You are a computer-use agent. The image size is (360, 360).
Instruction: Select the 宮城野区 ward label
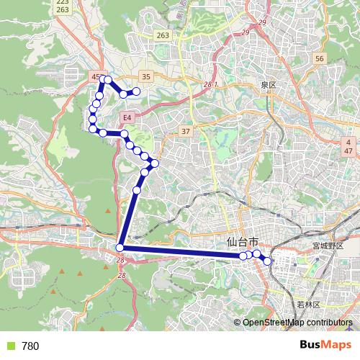pyautogui.click(x=328, y=246)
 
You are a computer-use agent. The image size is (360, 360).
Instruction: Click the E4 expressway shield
pyautogui.click(x=127, y=117)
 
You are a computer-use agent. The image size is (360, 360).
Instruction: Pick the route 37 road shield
pyautogui.click(x=186, y=130)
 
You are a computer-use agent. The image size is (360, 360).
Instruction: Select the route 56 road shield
pyautogui.click(x=320, y=58)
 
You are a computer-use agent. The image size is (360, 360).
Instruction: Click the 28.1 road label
pyautogui.click(x=210, y=85)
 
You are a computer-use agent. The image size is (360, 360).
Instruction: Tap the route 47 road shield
pyautogui.click(x=348, y=152)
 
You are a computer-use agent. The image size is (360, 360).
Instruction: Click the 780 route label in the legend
pyautogui.click(x=30, y=346)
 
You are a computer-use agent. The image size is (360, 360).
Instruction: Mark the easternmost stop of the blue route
pyautogui.click(x=269, y=261)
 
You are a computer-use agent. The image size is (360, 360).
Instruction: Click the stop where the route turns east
pyautogui.click(x=120, y=248)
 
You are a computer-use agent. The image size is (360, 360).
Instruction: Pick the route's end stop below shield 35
pyautogui.click(x=136, y=91)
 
